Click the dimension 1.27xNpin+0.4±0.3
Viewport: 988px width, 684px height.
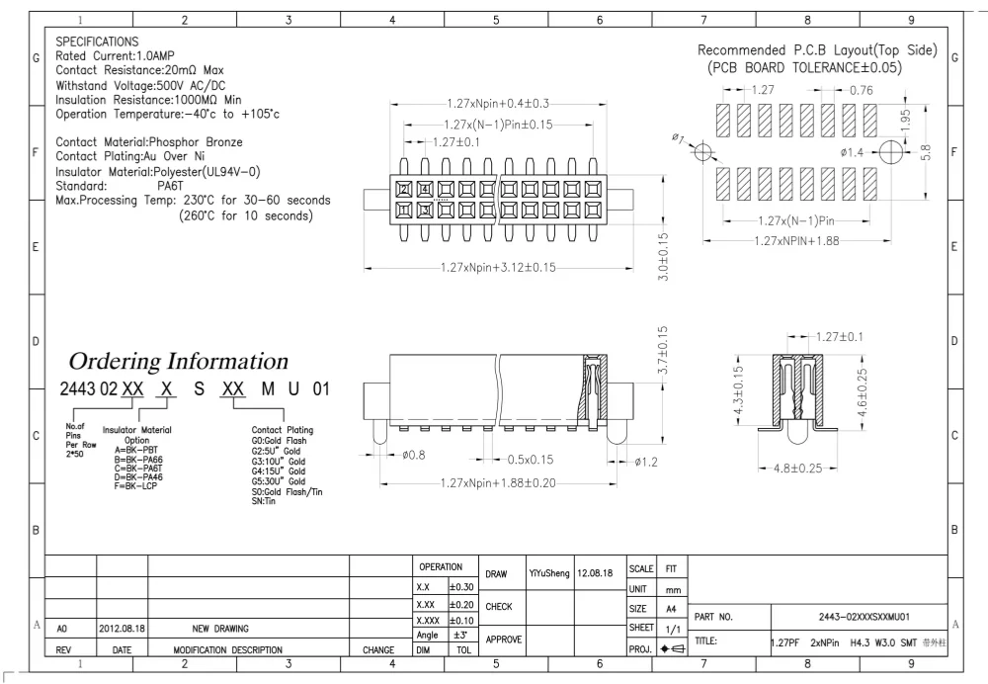(x=497, y=104)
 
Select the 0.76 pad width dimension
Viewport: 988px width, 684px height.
(x=863, y=90)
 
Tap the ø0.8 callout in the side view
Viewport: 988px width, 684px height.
(x=413, y=457)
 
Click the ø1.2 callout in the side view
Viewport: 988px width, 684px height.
(x=647, y=461)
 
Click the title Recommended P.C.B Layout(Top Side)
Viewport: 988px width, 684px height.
(x=816, y=50)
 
